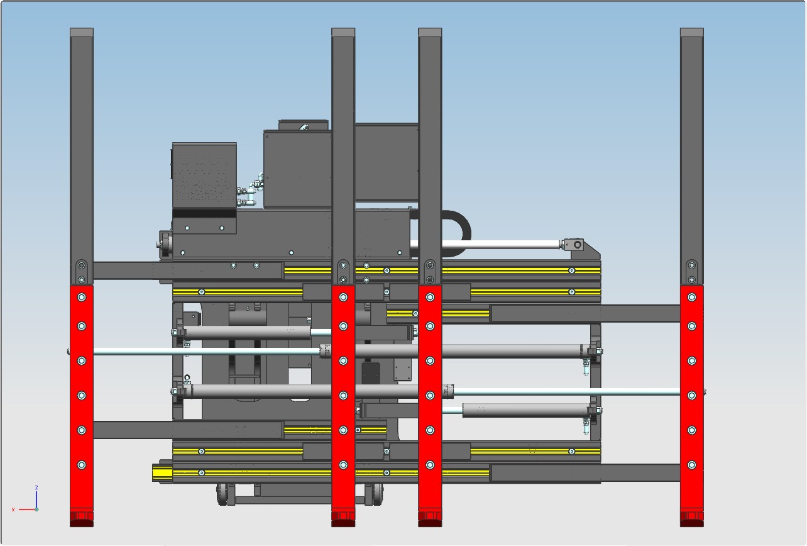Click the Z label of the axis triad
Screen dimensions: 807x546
point(36,487)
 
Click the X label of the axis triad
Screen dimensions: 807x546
point(13,510)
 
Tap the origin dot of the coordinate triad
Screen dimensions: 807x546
point(36,510)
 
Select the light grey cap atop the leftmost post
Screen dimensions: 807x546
point(82,32)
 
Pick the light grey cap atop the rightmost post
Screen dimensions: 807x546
point(692,32)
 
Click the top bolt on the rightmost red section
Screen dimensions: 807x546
point(692,297)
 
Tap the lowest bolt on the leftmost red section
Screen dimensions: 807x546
point(82,465)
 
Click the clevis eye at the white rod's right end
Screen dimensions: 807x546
point(577,245)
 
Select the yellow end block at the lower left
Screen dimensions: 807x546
point(163,473)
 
